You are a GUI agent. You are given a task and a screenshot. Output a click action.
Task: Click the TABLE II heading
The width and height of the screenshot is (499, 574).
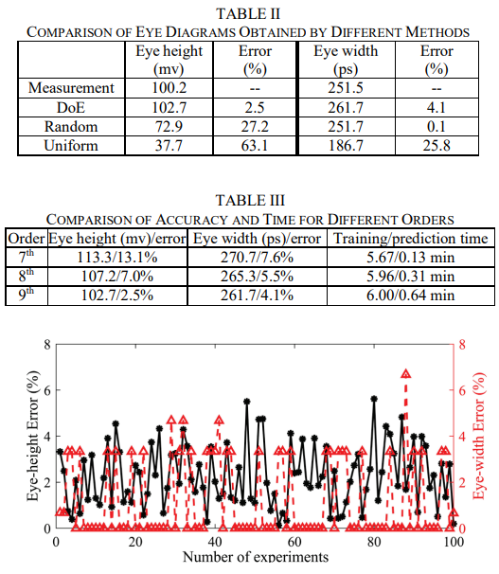point(248,14)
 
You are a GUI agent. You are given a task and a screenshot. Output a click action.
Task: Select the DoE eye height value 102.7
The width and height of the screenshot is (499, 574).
point(169,108)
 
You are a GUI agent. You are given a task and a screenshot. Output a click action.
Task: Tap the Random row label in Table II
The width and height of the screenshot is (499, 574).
point(71,127)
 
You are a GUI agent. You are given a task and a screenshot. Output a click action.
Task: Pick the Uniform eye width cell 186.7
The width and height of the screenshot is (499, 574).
point(346,146)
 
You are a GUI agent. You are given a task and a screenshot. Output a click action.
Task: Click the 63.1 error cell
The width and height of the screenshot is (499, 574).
point(255,146)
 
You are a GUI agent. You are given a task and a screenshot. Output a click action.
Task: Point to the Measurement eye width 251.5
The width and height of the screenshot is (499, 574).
point(346,88)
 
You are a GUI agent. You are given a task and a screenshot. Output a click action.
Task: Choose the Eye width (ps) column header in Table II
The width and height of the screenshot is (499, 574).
point(346,60)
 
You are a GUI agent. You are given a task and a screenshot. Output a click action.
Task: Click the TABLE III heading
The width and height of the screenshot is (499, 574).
point(250,200)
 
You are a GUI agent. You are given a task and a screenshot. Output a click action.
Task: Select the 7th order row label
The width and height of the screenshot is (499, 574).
point(27,257)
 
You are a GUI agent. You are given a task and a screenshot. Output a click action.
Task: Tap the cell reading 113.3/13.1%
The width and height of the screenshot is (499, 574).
point(117,258)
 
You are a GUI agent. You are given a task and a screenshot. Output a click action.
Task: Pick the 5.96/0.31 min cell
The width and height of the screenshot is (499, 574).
point(411,277)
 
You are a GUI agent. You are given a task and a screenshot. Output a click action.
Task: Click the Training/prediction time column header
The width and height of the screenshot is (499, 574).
point(411,239)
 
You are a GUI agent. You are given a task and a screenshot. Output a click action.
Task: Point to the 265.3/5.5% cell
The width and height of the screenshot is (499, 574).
point(257,277)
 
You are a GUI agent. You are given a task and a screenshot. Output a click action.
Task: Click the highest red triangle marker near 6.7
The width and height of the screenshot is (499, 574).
point(405,374)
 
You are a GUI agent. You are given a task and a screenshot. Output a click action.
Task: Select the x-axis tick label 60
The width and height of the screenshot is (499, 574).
point(294,542)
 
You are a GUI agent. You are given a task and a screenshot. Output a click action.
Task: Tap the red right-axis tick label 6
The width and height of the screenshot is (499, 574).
point(462,390)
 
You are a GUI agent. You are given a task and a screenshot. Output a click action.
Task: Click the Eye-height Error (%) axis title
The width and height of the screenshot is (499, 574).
point(33,436)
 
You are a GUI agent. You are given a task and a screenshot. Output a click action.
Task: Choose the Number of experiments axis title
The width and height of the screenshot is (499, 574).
point(256,557)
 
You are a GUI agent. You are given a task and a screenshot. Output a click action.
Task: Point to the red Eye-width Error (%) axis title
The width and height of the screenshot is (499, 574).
point(479,436)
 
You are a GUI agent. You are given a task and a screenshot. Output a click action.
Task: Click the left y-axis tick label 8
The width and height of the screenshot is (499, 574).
point(47,345)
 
